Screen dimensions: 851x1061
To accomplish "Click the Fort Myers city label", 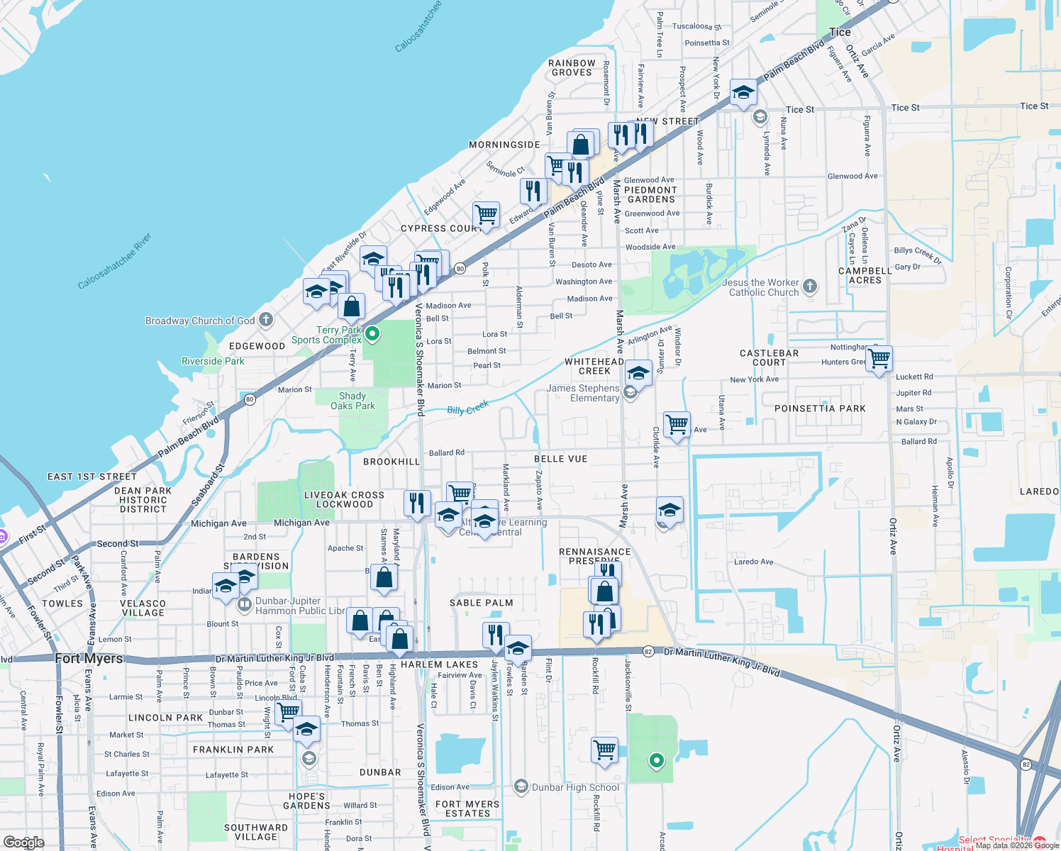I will [x=89, y=658].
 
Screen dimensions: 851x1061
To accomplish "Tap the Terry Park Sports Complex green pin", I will [x=372, y=333].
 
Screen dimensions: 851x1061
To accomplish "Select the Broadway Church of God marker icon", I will [x=266, y=320].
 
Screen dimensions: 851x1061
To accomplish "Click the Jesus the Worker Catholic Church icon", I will [x=810, y=287].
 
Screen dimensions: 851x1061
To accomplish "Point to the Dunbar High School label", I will [x=574, y=787].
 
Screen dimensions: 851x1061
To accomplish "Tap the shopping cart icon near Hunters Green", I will [x=879, y=359].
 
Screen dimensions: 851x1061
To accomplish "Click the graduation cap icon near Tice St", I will [x=743, y=92].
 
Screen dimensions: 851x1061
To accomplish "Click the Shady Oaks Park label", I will [x=352, y=401].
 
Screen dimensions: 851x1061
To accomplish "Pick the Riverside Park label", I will [x=213, y=361].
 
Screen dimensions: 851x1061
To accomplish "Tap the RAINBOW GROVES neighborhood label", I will [x=572, y=67].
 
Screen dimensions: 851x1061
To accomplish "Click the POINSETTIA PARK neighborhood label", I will [x=820, y=408].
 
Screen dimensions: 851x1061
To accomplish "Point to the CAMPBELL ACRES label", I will [x=865, y=276].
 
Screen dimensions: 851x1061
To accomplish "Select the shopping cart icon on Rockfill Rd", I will [x=605, y=750].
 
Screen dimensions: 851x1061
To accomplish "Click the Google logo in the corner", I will [x=24, y=842].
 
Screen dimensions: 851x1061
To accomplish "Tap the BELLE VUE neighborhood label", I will [x=560, y=459].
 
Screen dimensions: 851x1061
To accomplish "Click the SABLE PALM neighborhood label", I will [x=481, y=603].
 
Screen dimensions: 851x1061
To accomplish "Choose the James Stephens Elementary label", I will [x=583, y=393].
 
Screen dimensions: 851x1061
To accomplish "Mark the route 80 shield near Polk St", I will [x=460, y=268].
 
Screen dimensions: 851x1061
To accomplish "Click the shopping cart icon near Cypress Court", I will [x=487, y=213].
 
